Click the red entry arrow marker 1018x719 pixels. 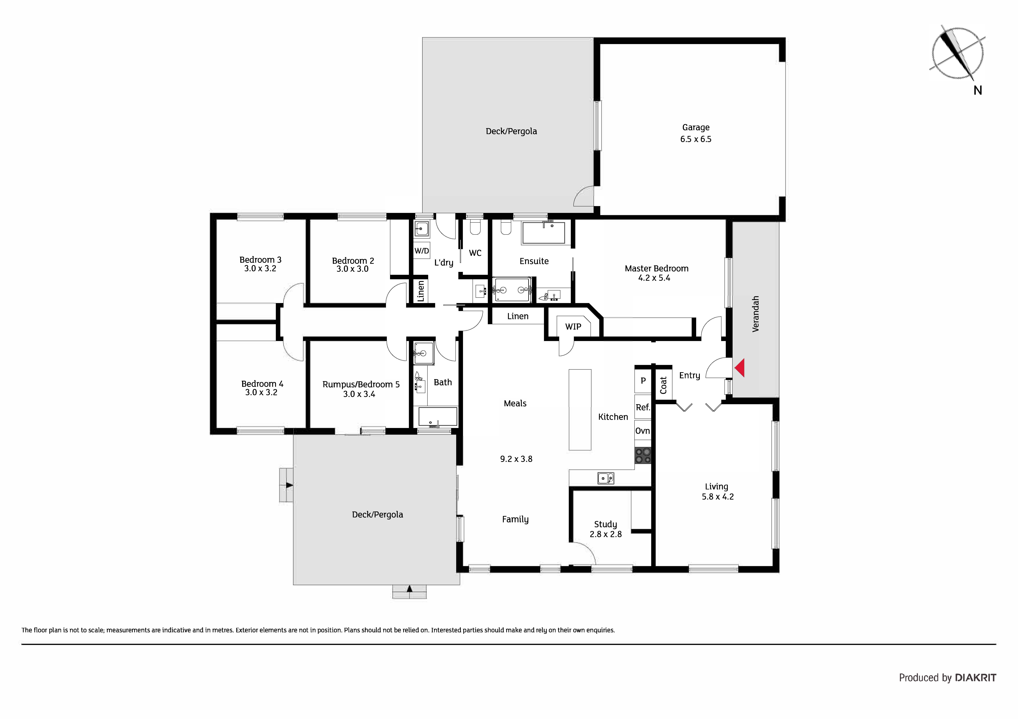point(740,368)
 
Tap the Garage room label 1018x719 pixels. point(696,128)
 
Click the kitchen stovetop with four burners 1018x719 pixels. point(643,455)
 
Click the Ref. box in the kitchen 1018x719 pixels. point(643,407)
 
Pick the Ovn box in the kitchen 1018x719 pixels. point(643,431)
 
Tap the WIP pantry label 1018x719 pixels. point(573,327)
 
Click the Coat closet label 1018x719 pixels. point(663,385)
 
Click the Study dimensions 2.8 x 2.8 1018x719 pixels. point(606,534)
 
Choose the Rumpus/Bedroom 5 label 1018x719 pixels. point(361,385)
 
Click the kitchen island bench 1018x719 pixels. point(580,410)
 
